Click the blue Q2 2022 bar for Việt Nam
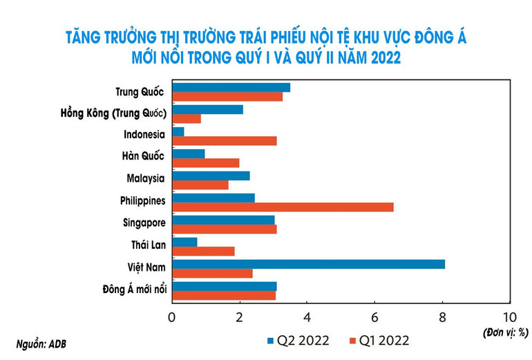click(x=308, y=264)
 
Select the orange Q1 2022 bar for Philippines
click(x=283, y=207)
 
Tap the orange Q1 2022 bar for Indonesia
click(x=225, y=141)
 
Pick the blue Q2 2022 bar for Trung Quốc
click(x=231, y=87)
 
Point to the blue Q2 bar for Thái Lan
click(x=184, y=242)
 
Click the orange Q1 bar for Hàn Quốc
click(x=205, y=163)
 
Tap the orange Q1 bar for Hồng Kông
click(x=187, y=119)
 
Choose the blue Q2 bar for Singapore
click(x=223, y=220)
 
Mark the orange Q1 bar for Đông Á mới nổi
click(x=224, y=296)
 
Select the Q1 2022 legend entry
click(x=379, y=340)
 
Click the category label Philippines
click(x=142, y=201)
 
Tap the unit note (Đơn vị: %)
click(x=506, y=332)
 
